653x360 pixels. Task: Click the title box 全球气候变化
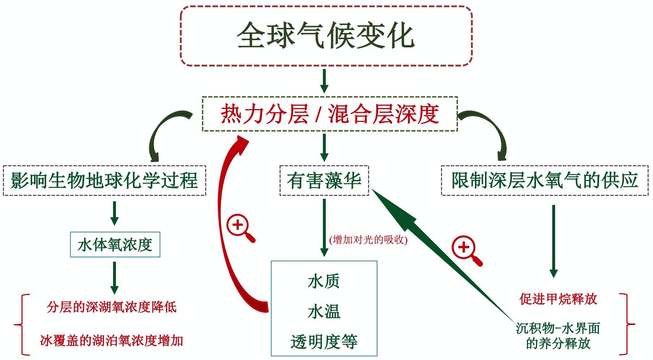coord(326,36)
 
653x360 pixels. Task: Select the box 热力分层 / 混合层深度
coord(329,114)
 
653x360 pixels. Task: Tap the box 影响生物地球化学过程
coord(104,181)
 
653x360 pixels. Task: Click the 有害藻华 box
coord(324,181)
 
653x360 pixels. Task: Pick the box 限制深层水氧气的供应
coord(545,180)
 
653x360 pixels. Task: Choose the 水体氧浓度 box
coord(115,245)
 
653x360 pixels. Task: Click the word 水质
coord(324,282)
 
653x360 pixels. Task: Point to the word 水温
coord(324,312)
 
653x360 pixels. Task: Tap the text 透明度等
coord(324,342)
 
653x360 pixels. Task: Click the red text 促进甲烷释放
coord(558,299)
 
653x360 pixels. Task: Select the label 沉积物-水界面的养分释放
coord(558,336)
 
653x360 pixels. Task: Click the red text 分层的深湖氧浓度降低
coord(112,307)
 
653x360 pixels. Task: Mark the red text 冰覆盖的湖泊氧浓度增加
coord(112,340)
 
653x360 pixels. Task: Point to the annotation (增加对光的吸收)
coord(368,240)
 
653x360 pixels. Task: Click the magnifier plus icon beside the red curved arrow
coord(239,227)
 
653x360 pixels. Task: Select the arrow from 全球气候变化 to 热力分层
coord(324,81)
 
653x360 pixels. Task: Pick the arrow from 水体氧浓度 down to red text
coord(114,277)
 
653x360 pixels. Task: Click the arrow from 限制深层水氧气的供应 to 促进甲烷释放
coord(553,240)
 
